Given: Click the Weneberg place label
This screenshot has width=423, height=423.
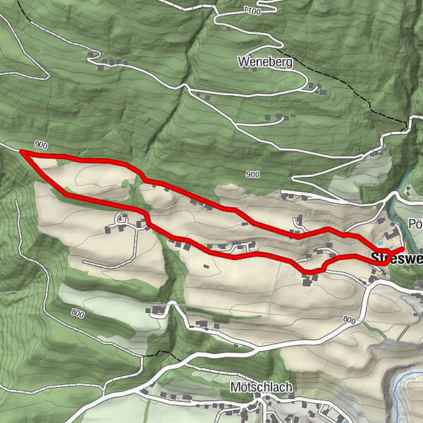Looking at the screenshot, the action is [264, 62].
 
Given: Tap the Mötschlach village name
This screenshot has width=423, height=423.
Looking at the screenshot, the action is [261, 387].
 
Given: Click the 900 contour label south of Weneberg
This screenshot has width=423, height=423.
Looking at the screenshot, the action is [252, 174].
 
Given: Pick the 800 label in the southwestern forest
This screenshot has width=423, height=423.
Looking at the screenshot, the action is [77, 314].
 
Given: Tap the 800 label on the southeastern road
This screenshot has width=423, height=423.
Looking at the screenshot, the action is [349, 320].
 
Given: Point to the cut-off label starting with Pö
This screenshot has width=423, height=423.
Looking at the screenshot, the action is [415, 224].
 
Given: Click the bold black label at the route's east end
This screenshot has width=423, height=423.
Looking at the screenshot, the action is [398, 258].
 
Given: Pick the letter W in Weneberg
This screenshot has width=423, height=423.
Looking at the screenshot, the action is [243, 62].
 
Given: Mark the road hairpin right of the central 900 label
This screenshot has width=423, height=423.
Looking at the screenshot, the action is [283, 192].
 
